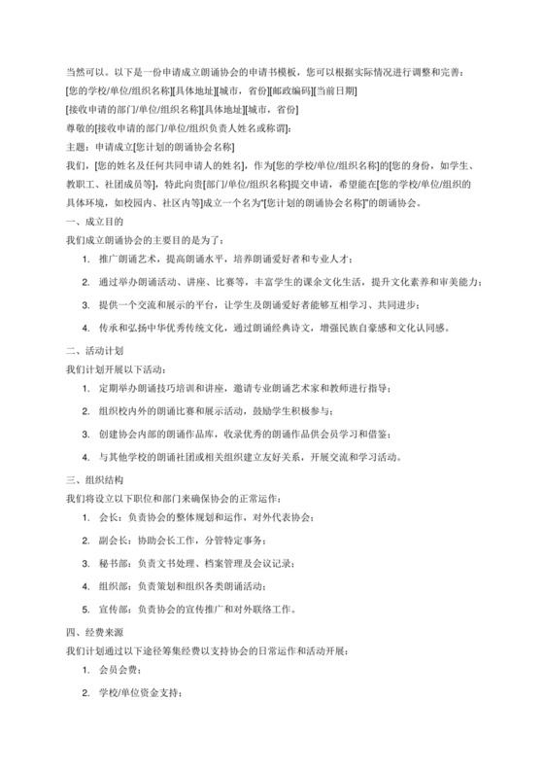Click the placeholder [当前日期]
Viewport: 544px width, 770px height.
point(335,91)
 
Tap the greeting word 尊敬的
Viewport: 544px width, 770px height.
point(80,128)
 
